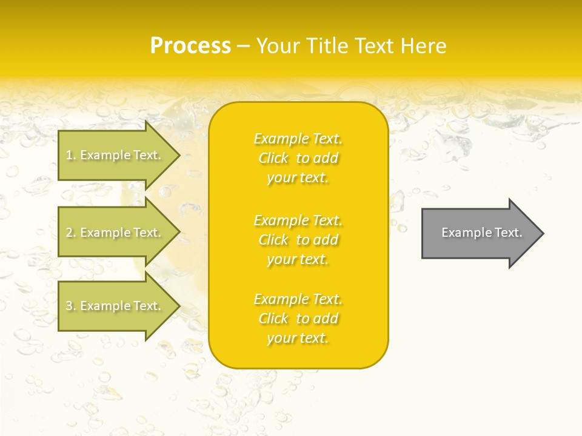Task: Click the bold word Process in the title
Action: coord(190,46)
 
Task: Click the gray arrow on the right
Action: coord(479,233)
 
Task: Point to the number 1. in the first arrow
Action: coord(71,156)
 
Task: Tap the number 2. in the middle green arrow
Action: coord(71,233)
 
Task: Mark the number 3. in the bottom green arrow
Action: coord(71,306)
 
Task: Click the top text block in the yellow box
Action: coord(298,158)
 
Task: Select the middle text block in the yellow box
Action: coord(298,240)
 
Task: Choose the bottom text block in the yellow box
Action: coord(298,319)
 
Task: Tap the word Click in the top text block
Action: coord(273,159)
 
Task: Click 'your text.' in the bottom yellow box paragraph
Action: coord(298,339)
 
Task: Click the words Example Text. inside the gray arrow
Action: coord(481,233)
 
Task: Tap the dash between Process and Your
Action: coord(244,47)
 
